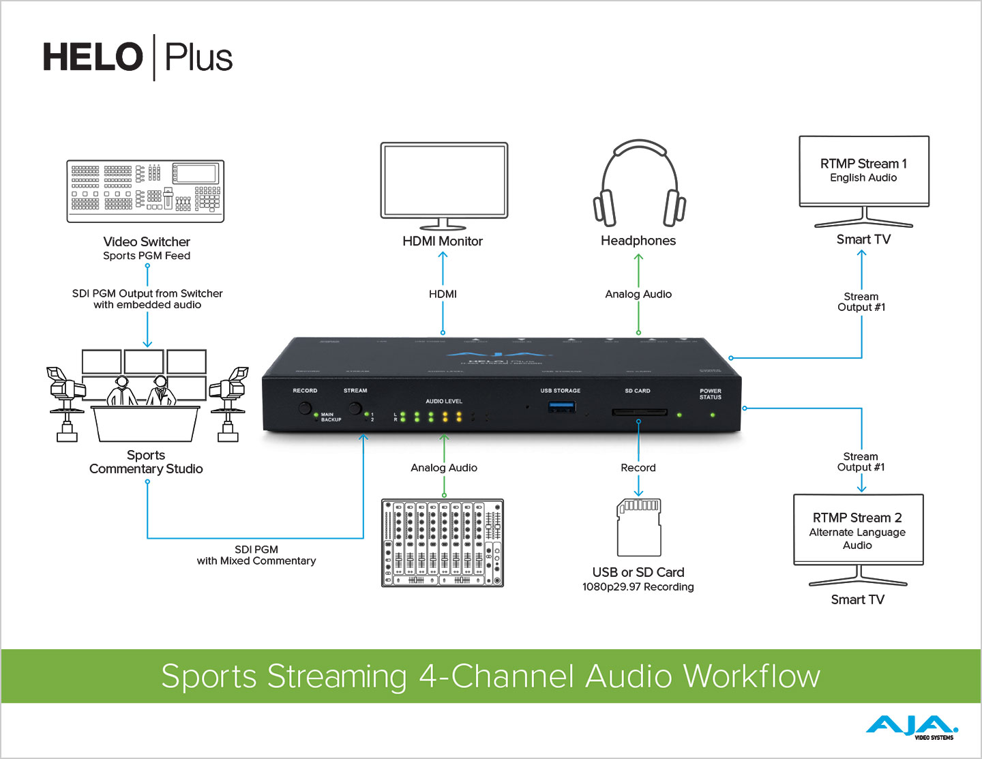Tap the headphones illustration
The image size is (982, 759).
639,184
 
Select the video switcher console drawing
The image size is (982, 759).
145,191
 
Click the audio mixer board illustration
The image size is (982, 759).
443,543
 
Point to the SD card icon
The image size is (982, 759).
639,527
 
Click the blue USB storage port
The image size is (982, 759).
561,407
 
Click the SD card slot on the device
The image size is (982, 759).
639,413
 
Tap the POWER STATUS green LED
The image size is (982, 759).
713,415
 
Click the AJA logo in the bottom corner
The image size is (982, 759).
912,727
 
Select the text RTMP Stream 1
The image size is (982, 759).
863,164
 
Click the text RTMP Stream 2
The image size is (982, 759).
857,518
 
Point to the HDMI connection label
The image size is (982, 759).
443,294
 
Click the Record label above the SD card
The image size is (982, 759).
638,468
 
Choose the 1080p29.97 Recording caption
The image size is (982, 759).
638,587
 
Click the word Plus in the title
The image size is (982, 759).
198,57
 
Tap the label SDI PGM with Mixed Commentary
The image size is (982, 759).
256,555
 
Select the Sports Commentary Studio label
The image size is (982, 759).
146,462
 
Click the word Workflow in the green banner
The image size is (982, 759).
752,676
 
